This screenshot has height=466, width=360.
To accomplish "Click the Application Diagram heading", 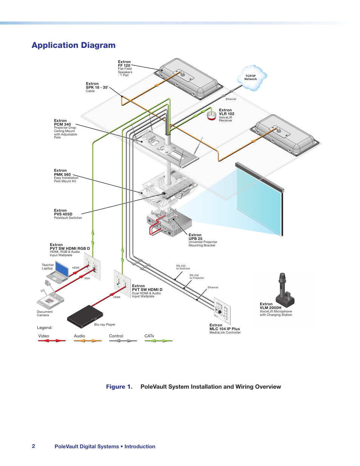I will pyautogui.click(x=74, y=45).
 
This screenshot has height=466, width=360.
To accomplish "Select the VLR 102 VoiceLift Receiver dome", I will pyautogui.click(x=212, y=115).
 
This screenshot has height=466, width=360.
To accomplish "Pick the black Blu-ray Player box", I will pyautogui.click(x=85, y=316).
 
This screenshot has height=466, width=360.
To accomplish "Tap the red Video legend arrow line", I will pyautogui.click(x=52, y=341).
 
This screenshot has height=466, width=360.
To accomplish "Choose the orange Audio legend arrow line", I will pyautogui.click(x=88, y=341).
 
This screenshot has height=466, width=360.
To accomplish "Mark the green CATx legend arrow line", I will pyautogui.click(x=158, y=341).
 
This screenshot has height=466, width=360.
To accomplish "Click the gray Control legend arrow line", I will pyautogui.click(x=123, y=341).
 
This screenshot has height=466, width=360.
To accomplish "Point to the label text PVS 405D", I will pyautogui.click(x=63, y=214).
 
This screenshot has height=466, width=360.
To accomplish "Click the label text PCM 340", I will pyautogui.click(x=62, y=124).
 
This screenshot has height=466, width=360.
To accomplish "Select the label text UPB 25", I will pyautogui.click(x=195, y=238).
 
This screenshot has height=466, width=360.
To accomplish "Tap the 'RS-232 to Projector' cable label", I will pyautogui.click(x=197, y=277).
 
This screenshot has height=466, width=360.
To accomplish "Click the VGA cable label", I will pyautogui.click(x=87, y=278).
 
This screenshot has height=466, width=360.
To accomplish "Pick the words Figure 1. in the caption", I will pyautogui.click(x=119, y=387).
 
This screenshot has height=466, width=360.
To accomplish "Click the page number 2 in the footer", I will pyautogui.click(x=34, y=446).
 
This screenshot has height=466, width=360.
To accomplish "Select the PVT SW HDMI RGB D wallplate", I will pyautogui.click(x=92, y=266).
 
